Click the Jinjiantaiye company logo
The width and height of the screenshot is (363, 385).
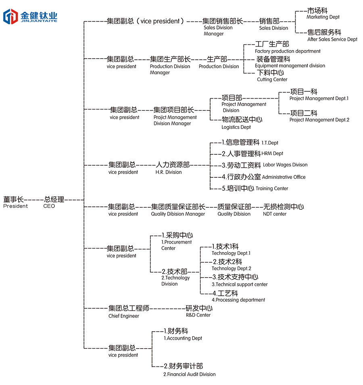point(30,16)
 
